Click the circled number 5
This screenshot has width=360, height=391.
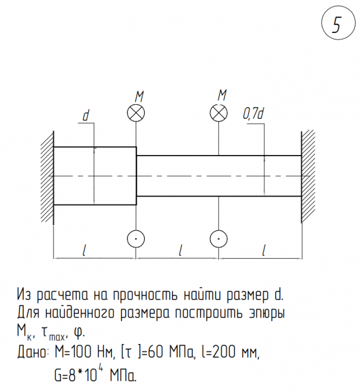tap(336, 25)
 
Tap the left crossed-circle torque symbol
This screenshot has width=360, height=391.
tap(136, 113)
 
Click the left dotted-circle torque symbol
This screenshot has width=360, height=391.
tap(136, 238)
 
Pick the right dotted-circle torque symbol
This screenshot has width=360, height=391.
tap(218, 238)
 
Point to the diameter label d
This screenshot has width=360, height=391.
tap(85, 116)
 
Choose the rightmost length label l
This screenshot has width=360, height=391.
tap(264, 250)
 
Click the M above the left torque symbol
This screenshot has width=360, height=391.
tap(139, 96)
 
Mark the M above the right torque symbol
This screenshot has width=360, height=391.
tap(222, 95)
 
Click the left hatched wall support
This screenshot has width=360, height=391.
tap(46, 176)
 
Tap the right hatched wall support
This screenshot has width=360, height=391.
tap(309, 176)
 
